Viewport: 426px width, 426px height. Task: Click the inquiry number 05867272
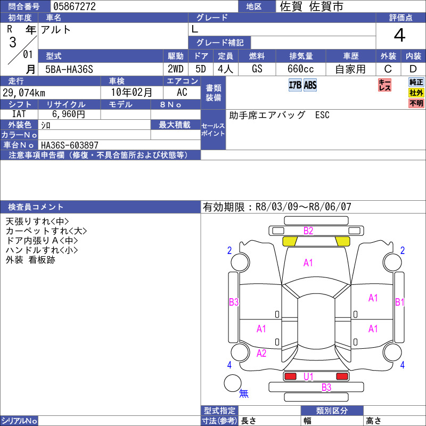tap(75, 6)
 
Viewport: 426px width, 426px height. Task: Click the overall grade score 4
tap(400, 36)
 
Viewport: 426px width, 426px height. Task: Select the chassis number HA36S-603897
tap(70, 145)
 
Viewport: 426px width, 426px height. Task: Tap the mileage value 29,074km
tap(24, 93)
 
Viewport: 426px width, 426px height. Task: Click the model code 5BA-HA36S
tap(69, 69)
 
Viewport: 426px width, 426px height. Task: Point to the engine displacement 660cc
tap(300, 69)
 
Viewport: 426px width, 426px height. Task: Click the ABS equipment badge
tap(310, 85)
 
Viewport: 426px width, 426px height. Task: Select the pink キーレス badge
tap(384, 85)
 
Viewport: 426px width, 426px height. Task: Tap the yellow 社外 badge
tap(416, 93)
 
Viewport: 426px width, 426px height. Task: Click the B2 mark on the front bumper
tap(308, 231)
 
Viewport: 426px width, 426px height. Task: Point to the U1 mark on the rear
tap(308, 376)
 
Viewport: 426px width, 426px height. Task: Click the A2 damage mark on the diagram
tap(261, 353)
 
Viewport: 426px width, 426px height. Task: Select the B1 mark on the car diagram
tap(400, 302)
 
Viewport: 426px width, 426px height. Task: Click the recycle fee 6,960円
tap(69, 114)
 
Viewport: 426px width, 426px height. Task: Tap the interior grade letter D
tap(413, 69)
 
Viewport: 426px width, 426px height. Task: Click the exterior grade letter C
tap(388, 69)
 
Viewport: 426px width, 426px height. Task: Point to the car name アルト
tap(56, 30)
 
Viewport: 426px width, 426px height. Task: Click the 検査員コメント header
tap(36, 207)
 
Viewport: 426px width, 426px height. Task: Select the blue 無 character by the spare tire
tap(244, 393)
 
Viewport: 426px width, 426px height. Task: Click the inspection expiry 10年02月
tap(132, 92)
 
